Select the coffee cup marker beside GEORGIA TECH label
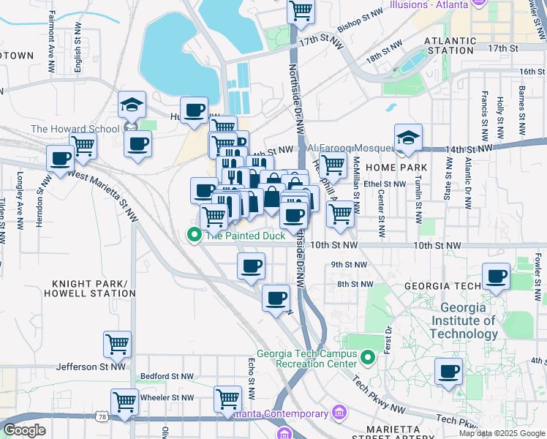(497, 277)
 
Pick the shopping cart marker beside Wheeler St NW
(124, 402)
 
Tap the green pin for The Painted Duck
(194, 235)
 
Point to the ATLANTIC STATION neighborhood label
(448, 45)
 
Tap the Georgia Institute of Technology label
(464, 320)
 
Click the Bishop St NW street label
(359, 25)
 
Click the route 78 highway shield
(100, 416)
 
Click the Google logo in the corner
(25, 430)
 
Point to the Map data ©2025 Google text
(501, 433)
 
